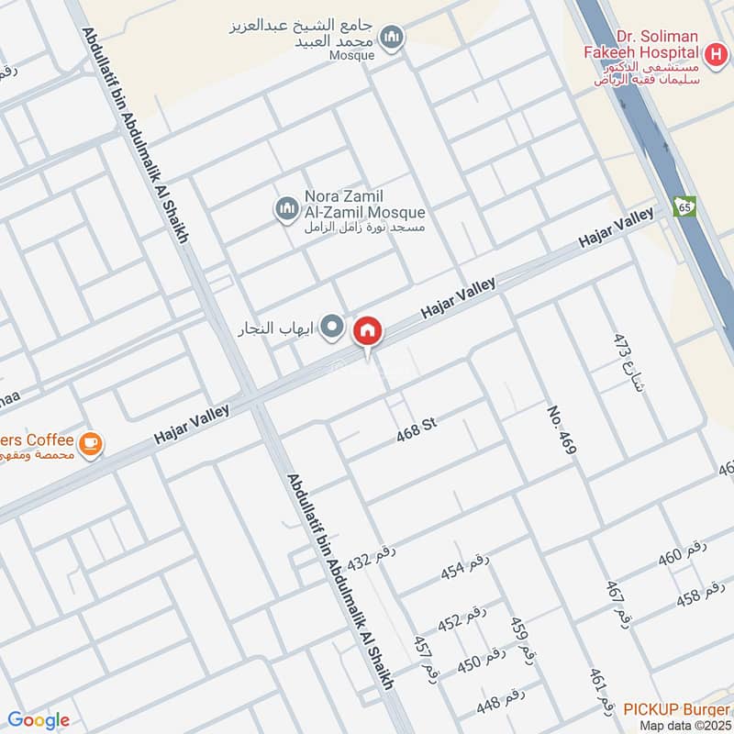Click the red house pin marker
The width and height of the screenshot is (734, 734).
(368, 330)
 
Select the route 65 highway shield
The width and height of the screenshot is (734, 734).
(684, 206)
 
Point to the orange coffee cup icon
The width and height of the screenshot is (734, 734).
(90, 444)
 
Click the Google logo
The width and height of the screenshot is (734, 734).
(39, 720)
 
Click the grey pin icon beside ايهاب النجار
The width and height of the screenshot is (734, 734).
(333, 327)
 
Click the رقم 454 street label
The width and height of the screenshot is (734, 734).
(464, 568)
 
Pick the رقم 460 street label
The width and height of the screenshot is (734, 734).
(684, 554)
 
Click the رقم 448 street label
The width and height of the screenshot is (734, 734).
(500, 702)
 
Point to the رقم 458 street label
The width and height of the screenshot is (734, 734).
(700, 595)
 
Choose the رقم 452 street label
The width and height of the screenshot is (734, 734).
(461, 619)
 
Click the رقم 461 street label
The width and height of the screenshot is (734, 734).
(599, 692)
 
